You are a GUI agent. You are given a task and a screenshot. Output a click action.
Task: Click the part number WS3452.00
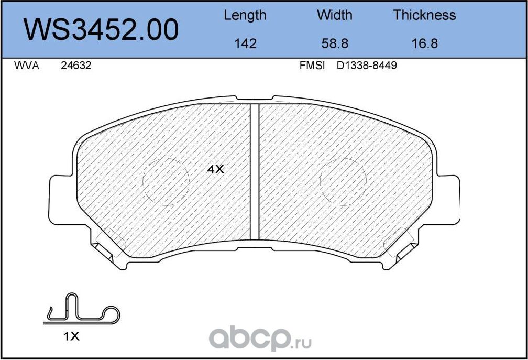pos(102,30)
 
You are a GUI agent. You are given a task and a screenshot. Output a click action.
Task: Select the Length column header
pos(245,15)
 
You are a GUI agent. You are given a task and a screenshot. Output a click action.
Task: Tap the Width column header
pos(334,15)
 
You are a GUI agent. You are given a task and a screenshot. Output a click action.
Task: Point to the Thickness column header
pos(424,15)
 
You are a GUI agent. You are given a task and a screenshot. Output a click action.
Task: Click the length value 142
pos(245,43)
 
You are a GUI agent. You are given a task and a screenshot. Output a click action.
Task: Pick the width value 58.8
pos(334,43)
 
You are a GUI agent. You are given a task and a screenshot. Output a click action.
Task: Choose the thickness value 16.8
pos(424,43)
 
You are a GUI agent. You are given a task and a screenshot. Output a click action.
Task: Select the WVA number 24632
pos(76,66)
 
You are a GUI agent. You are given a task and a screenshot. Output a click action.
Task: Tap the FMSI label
pos(312,66)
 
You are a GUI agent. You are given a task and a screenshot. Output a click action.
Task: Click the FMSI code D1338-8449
pos(366,66)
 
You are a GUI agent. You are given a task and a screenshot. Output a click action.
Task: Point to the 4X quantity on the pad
pos(215,169)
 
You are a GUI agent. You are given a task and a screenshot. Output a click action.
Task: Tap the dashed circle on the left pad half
pos(166,181)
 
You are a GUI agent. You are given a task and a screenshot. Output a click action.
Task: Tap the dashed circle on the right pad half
pos(344,181)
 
